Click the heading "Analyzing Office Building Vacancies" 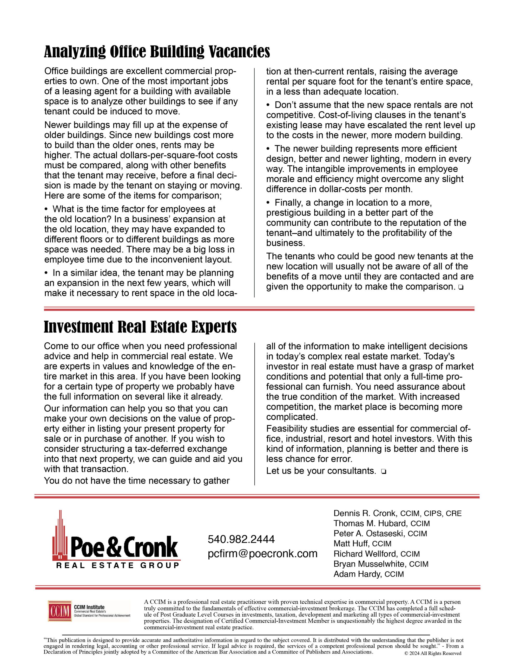click(157, 52)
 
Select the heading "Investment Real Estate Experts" click(140, 327)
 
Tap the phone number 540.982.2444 click(241, 539)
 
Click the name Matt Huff click(351, 543)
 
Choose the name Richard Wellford click(365, 554)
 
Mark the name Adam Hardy click(357, 574)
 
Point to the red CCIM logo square click(60, 611)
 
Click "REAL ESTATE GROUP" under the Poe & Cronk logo click(118, 566)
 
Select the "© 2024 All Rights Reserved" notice click(433, 653)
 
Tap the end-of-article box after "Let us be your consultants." click(383, 471)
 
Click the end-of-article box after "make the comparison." click(460, 287)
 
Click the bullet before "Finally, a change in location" click(268, 203)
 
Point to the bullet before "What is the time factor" click(46, 209)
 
